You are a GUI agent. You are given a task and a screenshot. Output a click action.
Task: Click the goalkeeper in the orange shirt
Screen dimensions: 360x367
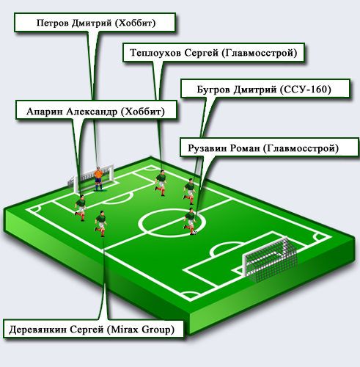pyautogui.click(x=98, y=179)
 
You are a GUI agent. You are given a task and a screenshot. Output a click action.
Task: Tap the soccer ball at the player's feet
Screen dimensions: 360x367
pyautogui.click(x=195, y=233)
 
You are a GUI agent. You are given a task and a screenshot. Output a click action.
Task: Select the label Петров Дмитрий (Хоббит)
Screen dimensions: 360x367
pyautogui.click(x=95, y=23)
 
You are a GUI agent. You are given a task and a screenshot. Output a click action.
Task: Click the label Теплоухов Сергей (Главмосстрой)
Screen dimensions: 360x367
pyautogui.click(x=213, y=53)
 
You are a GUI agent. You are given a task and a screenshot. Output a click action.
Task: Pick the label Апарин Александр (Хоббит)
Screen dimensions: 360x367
pyautogui.click(x=96, y=112)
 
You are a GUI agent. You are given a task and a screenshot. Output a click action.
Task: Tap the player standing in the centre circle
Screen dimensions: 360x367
pyautogui.click(x=190, y=221)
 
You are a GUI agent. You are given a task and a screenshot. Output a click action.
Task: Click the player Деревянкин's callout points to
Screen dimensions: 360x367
pyautogui.click(x=100, y=223)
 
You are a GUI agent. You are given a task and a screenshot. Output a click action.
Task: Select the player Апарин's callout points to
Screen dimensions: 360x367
pyautogui.click(x=81, y=208)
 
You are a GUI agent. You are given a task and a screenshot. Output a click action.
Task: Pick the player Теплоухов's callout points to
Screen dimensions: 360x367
pyautogui.click(x=161, y=182)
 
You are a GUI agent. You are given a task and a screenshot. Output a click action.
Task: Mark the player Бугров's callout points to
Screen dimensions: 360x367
pyautogui.click(x=190, y=191)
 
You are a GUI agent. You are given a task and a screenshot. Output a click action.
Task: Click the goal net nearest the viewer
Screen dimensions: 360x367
pyautogui.click(x=270, y=259)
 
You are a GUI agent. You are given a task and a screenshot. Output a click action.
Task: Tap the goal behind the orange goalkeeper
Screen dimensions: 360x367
pyautogui.click(x=91, y=178)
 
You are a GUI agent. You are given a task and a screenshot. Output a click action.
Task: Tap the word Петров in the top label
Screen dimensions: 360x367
pyautogui.click(x=53, y=23)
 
